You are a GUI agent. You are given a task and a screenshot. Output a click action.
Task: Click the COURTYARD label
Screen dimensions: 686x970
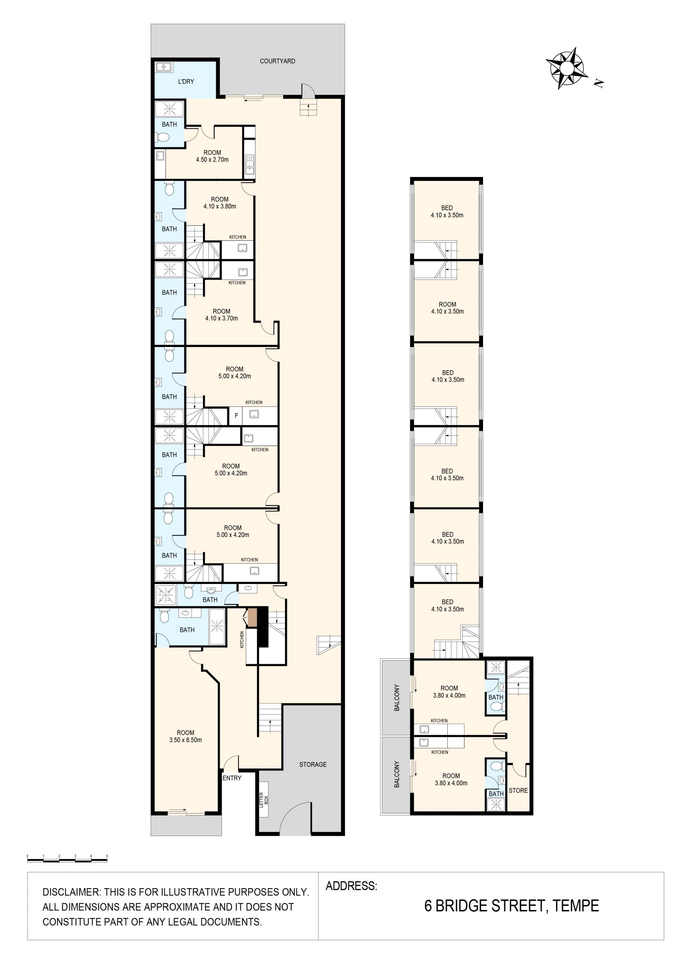tap(277, 61)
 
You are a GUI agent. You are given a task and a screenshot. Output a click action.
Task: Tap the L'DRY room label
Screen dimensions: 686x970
tap(186, 81)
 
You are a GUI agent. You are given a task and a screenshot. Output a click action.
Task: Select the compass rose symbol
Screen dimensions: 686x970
tap(567, 68)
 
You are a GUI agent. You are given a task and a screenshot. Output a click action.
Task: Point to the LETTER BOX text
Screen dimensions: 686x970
tap(264, 800)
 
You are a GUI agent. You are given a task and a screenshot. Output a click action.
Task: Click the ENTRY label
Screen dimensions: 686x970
tap(232, 778)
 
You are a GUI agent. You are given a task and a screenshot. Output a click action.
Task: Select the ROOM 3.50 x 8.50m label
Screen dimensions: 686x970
tap(185, 736)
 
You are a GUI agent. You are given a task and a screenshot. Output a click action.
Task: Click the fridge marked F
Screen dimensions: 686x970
tap(236, 416)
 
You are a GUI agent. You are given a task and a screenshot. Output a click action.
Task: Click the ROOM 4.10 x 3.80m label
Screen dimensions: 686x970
tap(220, 203)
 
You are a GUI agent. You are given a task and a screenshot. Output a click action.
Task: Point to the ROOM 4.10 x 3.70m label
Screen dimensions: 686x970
tap(222, 315)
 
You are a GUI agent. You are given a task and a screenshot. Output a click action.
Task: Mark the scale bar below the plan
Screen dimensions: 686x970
tap(67, 858)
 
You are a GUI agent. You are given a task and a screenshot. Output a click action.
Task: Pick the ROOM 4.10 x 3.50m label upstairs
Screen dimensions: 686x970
tap(447, 308)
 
